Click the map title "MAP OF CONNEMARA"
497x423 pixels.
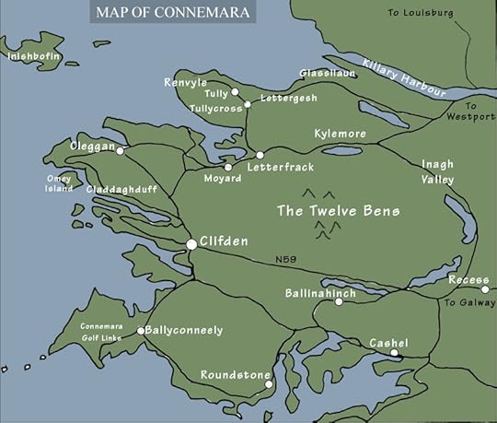click(x=173, y=12)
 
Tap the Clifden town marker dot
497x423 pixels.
click(x=191, y=244)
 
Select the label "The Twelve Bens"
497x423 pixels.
click(x=339, y=211)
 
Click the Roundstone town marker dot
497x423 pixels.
click(x=268, y=384)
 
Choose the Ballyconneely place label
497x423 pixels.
click(x=185, y=330)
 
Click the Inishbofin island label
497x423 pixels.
click(x=33, y=56)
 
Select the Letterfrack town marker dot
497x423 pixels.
click(x=260, y=155)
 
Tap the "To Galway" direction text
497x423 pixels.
click(x=468, y=301)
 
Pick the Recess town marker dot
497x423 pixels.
click(x=485, y=289)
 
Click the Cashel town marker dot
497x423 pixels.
click(x=394, y=353)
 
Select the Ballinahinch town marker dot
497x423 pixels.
click(x=339, y=301)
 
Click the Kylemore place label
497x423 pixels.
click(x=340, y=135)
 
